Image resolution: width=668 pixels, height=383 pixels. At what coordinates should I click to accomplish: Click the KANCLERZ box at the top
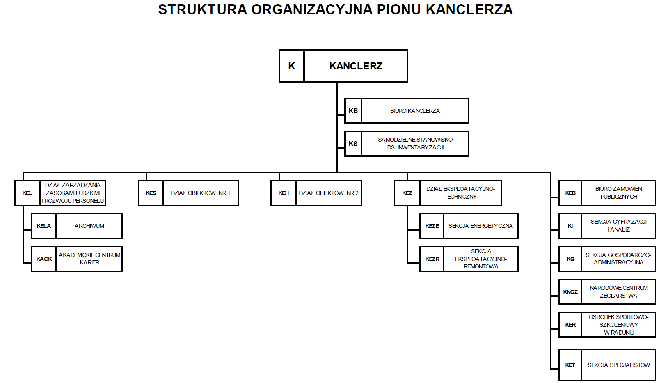click(x=355, y=66)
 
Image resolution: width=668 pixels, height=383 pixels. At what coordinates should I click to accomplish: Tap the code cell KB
click(x=353, y=111)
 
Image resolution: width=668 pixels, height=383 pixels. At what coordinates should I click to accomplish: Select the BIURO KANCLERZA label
click(x=415, y=111)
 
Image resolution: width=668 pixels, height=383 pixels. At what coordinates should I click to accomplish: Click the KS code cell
click(x=353, y=144)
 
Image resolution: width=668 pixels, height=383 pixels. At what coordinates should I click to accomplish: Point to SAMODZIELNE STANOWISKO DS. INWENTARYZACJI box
click(x=415, y=144)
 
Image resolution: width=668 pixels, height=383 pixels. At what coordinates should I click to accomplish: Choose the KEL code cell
click(x=27, y=193)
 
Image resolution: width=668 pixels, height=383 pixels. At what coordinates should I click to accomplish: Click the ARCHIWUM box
click(x=89, y=226)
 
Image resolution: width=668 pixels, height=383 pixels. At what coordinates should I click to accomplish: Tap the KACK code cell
click(x=44, y=259)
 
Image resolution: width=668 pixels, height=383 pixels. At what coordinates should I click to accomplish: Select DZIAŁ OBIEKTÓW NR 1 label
click(x=200, y=193)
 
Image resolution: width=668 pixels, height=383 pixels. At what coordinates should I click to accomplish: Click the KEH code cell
click(x=284, y=193)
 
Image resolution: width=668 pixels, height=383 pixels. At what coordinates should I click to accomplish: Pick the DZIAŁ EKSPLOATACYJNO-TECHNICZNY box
click(x=460, y=193)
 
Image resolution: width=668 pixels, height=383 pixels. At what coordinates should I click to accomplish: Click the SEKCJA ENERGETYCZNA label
click(x=480, y=226)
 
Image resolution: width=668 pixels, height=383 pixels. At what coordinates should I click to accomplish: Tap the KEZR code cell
click(x=432, y=259)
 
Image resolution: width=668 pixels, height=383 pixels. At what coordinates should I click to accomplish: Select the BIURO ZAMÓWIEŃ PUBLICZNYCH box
click(x=618, y=193)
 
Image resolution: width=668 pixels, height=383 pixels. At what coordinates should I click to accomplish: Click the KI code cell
click(x=570, y=226)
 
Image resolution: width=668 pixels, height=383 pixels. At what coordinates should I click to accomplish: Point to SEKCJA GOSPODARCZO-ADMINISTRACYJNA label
click(x=618, y=259)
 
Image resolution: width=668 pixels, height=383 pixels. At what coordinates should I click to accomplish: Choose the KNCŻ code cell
click(x=570, y=292)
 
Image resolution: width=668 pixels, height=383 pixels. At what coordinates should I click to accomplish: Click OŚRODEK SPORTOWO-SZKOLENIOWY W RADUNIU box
click(x=618, y=325)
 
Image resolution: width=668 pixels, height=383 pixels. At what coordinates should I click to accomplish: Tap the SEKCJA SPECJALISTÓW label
click(x=618, y=365)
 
